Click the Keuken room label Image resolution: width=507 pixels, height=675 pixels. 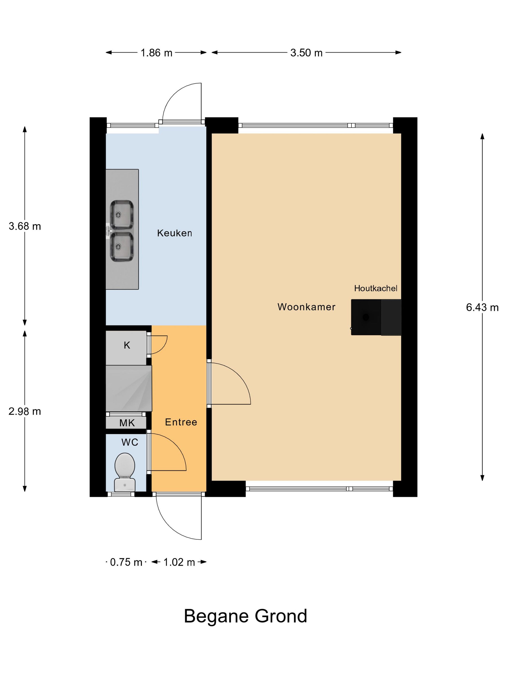point(174,233)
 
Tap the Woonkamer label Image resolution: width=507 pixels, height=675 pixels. point(306,307)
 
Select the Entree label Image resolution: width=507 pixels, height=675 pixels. point(181,422)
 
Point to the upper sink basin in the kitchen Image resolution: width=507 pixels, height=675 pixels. point(122,215)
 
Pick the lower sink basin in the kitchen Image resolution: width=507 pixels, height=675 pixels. point(122,247)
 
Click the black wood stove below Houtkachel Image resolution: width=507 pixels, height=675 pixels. point(366,317)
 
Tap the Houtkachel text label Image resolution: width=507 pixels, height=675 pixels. point(376,288)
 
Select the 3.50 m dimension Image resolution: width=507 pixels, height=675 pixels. point(306,53)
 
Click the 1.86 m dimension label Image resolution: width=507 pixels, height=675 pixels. point(156,53)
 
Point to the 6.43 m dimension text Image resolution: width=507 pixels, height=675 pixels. point(482,307)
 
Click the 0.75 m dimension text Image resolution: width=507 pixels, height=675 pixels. point(126,562)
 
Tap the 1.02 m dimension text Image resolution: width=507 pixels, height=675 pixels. point(179,562)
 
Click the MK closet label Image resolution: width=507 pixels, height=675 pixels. point(127,423)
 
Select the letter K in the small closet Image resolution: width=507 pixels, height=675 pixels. point(127,345)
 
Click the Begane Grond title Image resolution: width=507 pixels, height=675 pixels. point(245,616)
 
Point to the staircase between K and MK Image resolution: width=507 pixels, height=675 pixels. point(129,388)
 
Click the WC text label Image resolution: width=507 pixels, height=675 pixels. point(130,442)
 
